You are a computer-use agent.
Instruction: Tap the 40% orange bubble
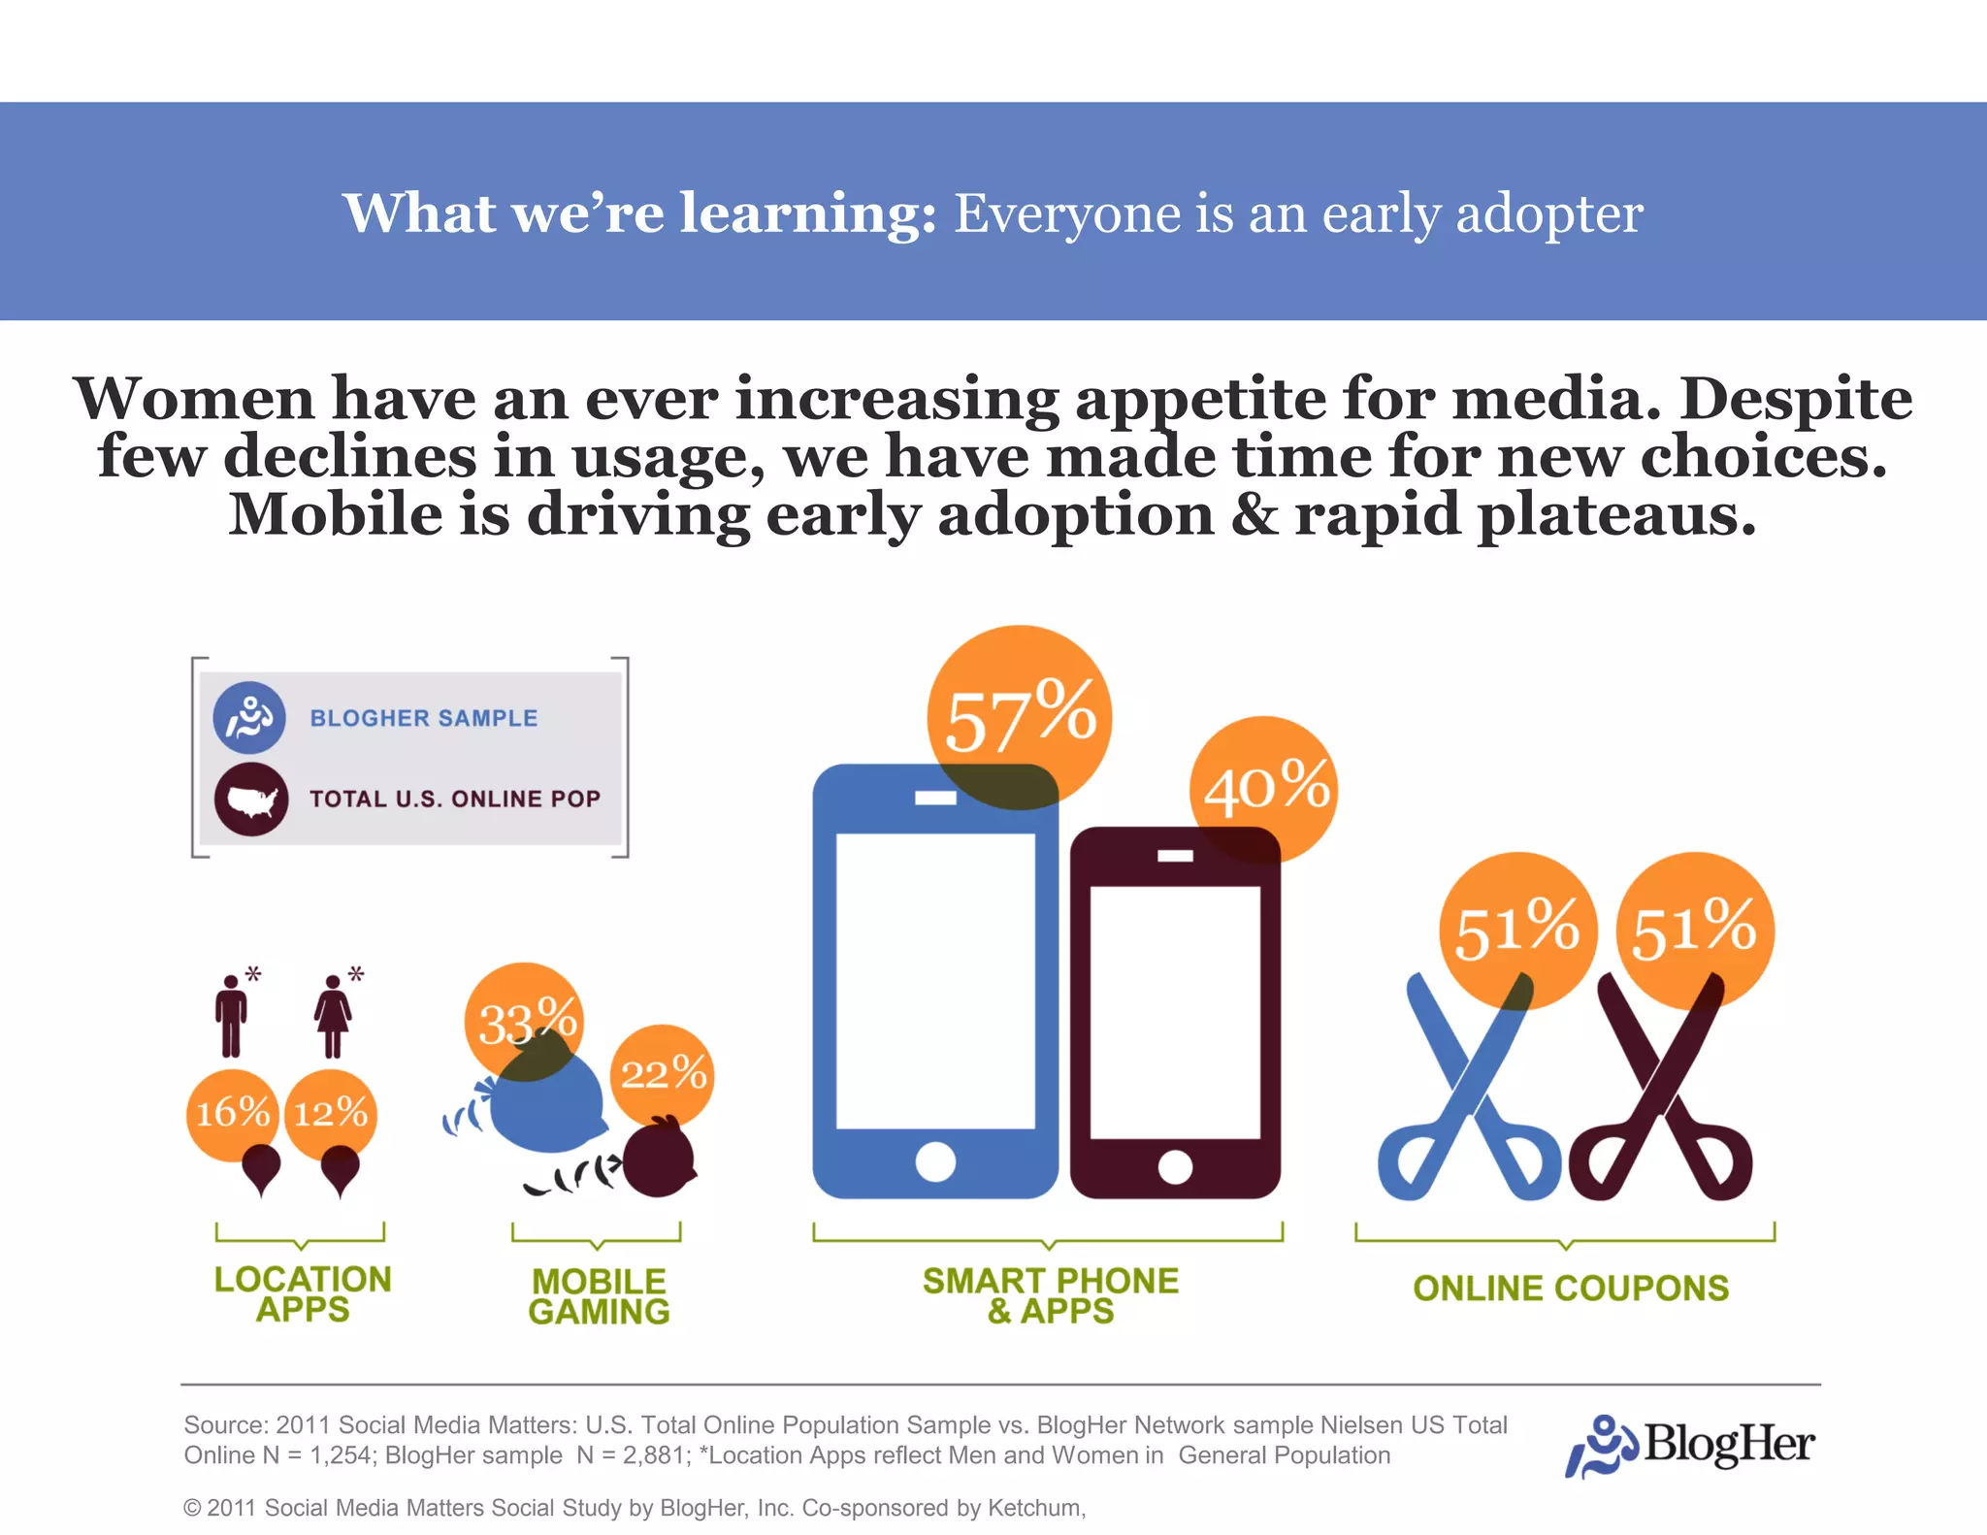[x=1263, y=788]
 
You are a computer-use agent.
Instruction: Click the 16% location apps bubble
[x=232, y=1112]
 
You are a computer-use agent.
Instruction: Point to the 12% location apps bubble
[x=331, y=1112]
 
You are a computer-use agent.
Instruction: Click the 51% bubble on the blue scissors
[x=1516, y=930]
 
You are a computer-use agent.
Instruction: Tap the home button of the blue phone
[x=935, y=1160]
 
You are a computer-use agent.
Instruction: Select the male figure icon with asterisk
[x=231, y=1015]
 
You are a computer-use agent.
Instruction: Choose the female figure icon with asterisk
[x=333, y=1015]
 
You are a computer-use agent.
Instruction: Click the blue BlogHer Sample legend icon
[x=249, y=718]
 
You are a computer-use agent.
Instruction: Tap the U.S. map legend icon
[x=251, y=800]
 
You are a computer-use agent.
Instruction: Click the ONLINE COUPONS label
[x=1570, y=1288]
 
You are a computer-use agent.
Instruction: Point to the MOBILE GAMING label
[x=599, y=1296]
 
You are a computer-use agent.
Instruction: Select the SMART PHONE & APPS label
[x=1050, y=1295]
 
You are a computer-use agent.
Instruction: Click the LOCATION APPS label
[x=302, y=1293]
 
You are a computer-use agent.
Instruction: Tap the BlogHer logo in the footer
[x=1689, y=1445]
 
